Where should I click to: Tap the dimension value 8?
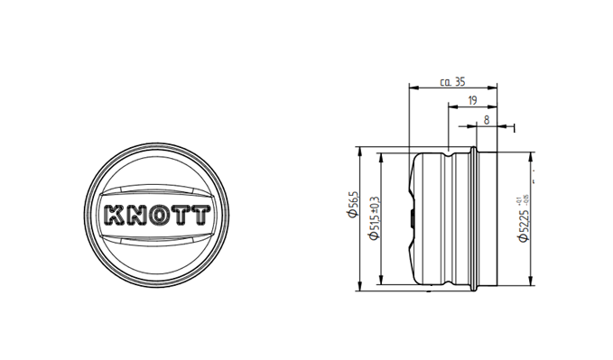pyautogui.click(x=487, y=118)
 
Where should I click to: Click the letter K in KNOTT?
pyautogui.click(x=116, y=217)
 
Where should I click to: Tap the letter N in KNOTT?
pyautogui.click(x=137, y=217)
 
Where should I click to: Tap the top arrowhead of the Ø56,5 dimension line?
pyautogui.click(x=361, y=152)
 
